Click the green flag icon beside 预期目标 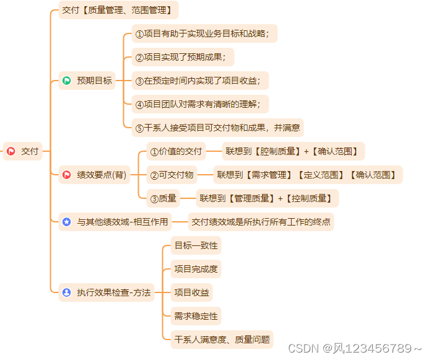67,81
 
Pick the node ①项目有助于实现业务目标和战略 204,33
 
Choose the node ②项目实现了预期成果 183,57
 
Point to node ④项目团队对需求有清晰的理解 201,104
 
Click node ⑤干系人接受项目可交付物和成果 217,128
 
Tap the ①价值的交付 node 176,151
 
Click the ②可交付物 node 172,175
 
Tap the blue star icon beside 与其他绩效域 67,222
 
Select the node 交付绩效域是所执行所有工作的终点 261,222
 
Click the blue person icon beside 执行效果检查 67,292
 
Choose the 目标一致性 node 196,245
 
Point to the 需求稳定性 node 196,316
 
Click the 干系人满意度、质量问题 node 222,340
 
